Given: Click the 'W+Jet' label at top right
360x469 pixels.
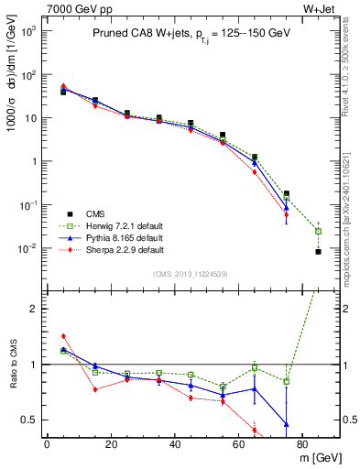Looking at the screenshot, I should pyautogui.click(x=322, y=8).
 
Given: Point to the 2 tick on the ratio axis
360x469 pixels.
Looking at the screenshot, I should pyautogui.click(x=37, y=309).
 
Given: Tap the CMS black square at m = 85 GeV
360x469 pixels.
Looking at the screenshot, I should pyautogui.click(x=318, y=251).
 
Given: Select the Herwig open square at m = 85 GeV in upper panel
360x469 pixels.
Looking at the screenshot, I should pyautogui.click(x=318, y=231).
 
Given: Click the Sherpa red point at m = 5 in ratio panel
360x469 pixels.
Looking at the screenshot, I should pyautogui.click(x=63, y=336).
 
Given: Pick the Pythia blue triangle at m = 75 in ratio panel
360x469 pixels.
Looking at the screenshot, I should pyautogui.click(x=287, y=424).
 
